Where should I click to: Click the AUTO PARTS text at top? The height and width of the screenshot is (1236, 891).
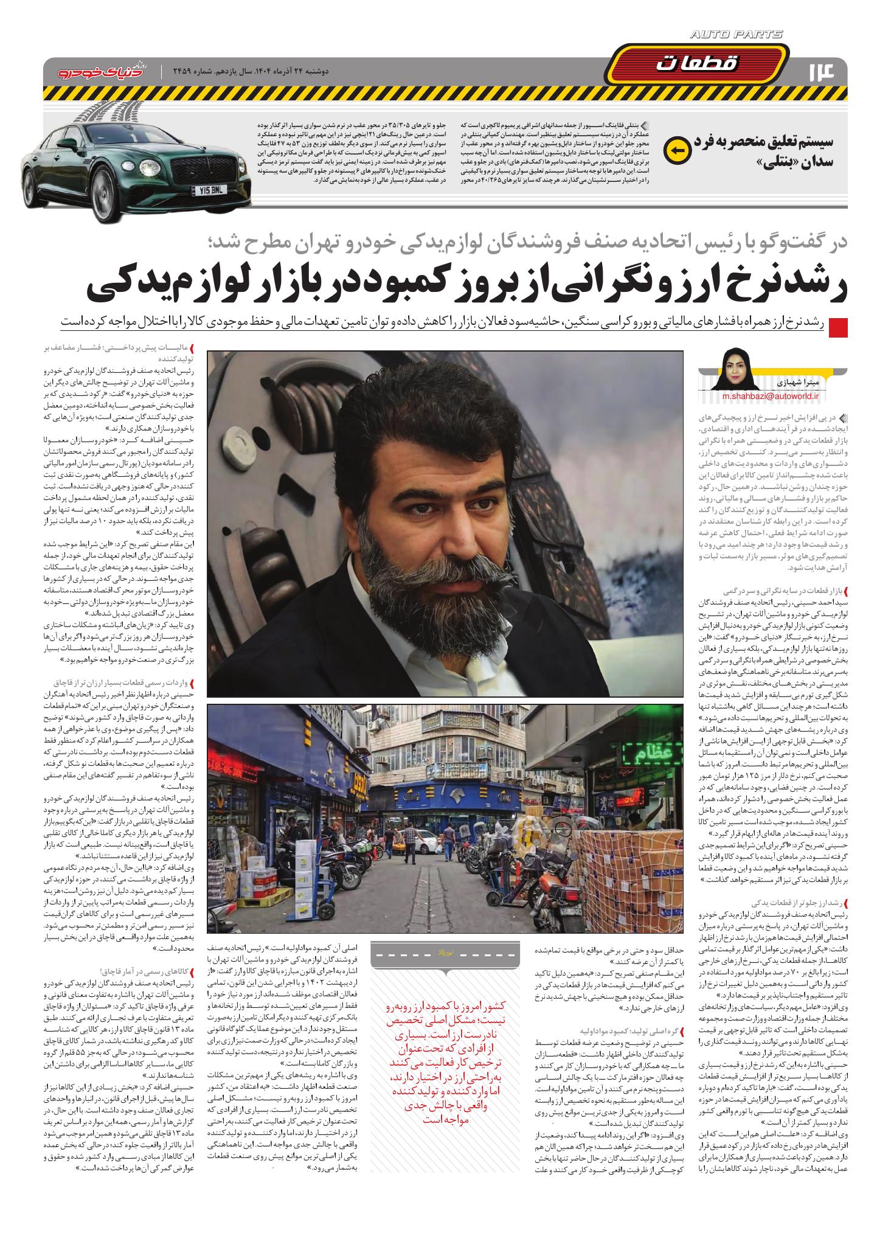[x=737, y=35]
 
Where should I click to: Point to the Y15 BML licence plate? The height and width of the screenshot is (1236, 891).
[x=208, y=190]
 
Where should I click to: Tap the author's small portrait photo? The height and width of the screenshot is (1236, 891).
[x=738, y=369]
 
